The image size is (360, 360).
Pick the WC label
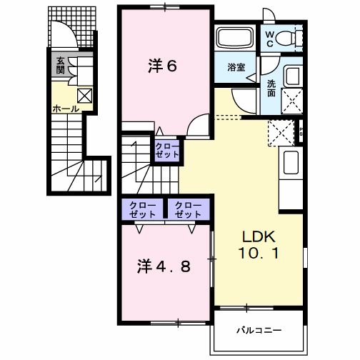coord(273,38)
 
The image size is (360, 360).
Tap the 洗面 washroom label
coord(272,88)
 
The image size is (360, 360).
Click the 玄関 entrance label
coord(61,66)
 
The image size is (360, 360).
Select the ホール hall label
coord(65,109)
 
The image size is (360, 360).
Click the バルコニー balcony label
coord(259,331)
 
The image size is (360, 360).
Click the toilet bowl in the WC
coord(294,39)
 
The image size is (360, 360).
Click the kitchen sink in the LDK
coord(291,164)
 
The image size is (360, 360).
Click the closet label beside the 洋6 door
coord(168,150)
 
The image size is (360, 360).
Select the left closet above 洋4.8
coord(141,209)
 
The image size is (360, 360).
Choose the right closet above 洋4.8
coord(188,209)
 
